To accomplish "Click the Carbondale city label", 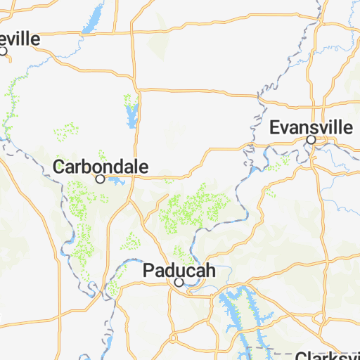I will [101, 167].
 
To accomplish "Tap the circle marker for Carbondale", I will [101, 179].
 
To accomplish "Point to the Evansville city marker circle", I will [311, 140].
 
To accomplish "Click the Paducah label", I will [179, 270].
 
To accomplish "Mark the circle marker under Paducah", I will [179, 282].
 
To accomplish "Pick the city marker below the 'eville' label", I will [4, 51].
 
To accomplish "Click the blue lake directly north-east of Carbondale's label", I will [131, 112].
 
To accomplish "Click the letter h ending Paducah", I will [209, 271].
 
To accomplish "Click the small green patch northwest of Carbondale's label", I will [67, 130].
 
